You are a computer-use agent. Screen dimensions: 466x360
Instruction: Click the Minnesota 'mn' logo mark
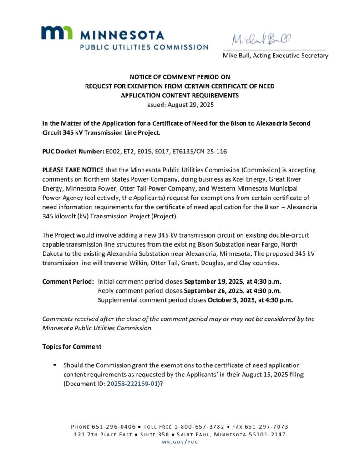(57, 33)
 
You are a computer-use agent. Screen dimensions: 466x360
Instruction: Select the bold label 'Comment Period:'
(68, 281)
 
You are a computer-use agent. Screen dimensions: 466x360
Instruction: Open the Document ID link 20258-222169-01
(132, 384)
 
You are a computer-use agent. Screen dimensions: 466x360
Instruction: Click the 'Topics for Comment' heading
(72, 347)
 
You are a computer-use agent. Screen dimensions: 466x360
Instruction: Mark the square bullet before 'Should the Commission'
(55, 365)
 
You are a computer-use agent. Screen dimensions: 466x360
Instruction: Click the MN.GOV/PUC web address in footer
(180, 442)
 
